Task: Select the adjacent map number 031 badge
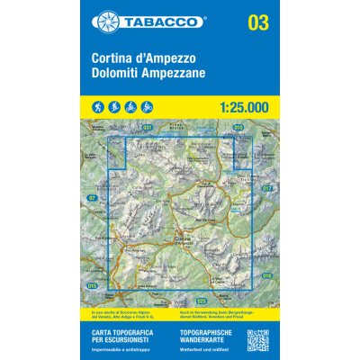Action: [148, 128]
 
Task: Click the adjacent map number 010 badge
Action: [238, 128]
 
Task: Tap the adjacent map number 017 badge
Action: [267, 189]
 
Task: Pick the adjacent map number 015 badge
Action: [93, 285]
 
